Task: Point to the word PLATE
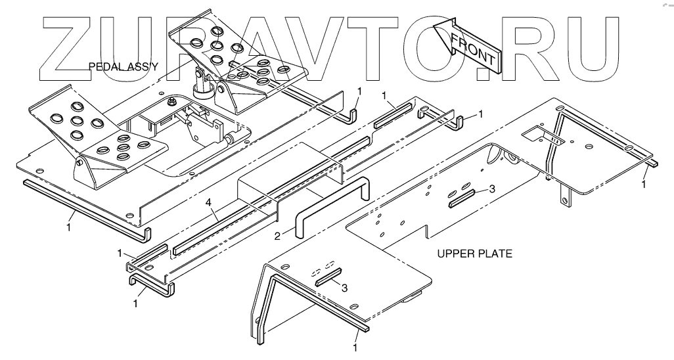495,253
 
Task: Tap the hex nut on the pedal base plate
170,101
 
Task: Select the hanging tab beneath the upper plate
564,194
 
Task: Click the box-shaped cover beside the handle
289,177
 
